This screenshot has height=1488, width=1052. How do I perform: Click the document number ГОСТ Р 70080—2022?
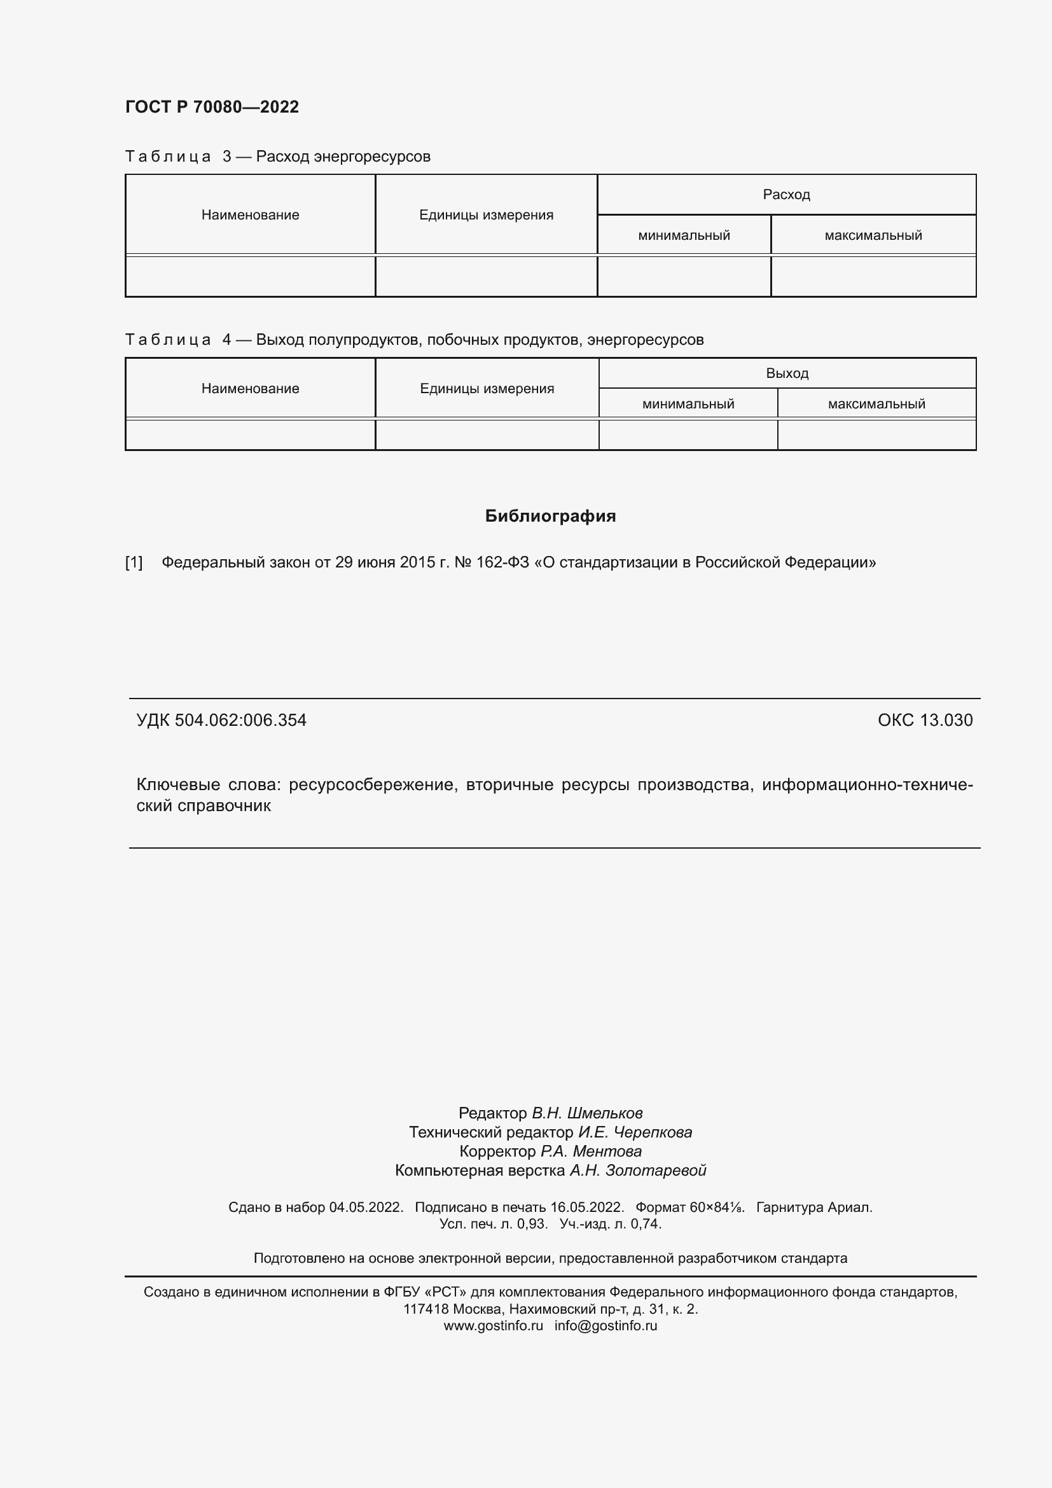pyautogui.click(x=212, y=107)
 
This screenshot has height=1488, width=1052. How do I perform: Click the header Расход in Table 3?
pyautogui.click(x=786, y=195)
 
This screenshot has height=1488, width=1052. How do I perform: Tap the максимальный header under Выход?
pyautogui.click(x=876, y=404)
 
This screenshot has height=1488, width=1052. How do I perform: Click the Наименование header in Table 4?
pyautogui.click(x=250, y=388)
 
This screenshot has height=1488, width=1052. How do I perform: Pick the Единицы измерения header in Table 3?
pyautogui.click(x=486, y=214)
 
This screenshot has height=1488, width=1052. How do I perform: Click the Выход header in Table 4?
pyautogui.click(x=786, y=373)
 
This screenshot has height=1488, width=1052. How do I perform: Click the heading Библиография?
pyautogui.click(x=550, y=516)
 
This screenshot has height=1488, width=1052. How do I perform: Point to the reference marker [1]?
pyautogui.click(x=134, y=562)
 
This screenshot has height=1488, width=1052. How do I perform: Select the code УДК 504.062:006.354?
pyautogui.click(x=221, y=720)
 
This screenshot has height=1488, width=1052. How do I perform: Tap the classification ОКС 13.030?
pyautogui.click(x=924, y=720)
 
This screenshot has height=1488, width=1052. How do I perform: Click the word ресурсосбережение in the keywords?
pyautogui.click(x=373, y=785)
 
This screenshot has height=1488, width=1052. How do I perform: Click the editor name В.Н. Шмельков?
pyautogui.click(x=587, y=1113)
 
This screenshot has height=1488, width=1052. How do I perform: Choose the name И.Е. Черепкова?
pyautogui.click(x=635, y=1132)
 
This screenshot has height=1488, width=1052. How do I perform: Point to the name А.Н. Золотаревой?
pyautogui.click(x=637, y=1171)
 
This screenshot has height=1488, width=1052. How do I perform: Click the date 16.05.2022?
pyautogui.click(x=586, y=1207)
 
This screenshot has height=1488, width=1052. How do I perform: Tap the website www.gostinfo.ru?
pyautogui.click(x=493, y=1325)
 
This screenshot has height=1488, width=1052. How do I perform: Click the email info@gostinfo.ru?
pyautogui.click(x=605, y=1325)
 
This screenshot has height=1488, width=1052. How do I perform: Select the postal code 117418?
pyautogui.click(x=426, y=1309)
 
